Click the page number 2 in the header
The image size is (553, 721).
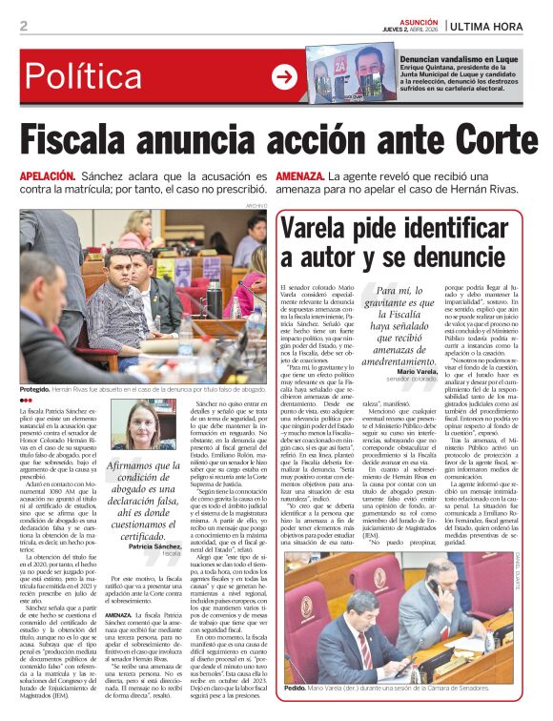(23, 26)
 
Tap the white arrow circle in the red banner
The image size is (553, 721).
(284, 77)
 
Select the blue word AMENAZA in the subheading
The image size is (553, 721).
(299, 178)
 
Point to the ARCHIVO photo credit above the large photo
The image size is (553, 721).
(256, 206)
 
